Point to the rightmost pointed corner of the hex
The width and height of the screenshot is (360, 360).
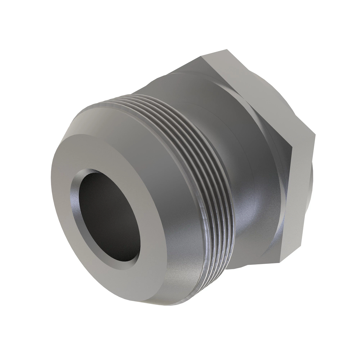point(315,133)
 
